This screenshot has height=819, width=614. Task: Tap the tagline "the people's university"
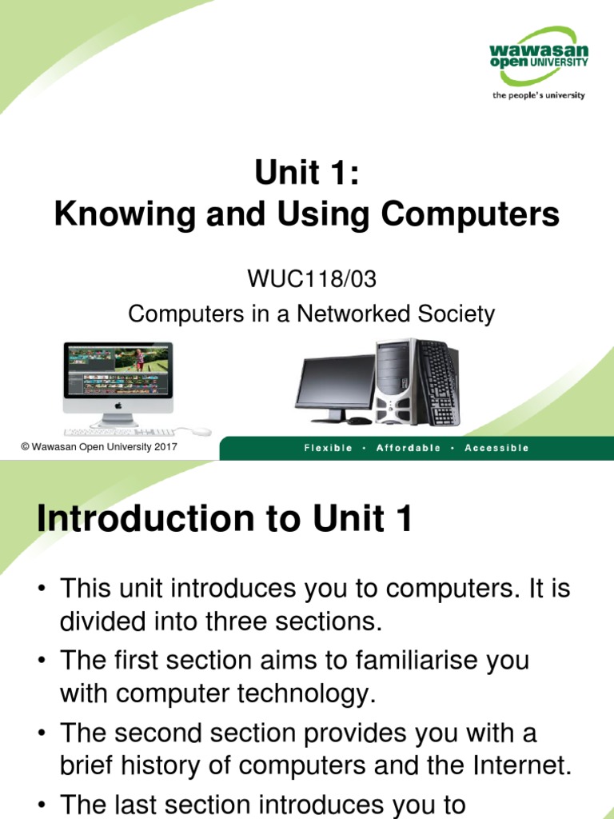[539, 95]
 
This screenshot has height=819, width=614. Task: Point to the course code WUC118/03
[312, 279]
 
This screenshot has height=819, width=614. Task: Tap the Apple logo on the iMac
[118, 406]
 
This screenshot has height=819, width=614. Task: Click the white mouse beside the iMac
[200, 431]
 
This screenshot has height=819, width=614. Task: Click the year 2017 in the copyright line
[165, 447]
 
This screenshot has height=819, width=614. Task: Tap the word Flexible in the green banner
[328, 448]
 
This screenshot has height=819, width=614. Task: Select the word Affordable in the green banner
[409, 448]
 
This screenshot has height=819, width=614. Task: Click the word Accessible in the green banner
[496, 448]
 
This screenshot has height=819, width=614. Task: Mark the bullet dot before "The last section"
[42, 805]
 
